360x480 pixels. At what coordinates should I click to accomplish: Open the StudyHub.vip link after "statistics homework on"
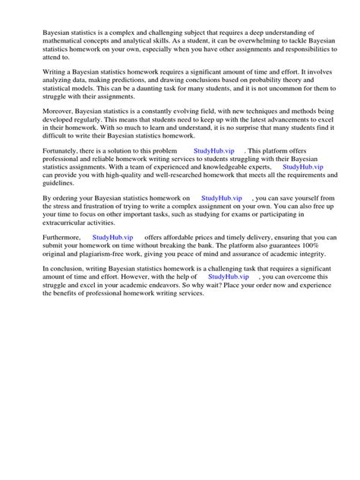click(223, 197)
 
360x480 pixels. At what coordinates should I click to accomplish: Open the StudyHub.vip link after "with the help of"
click(229, 277)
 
